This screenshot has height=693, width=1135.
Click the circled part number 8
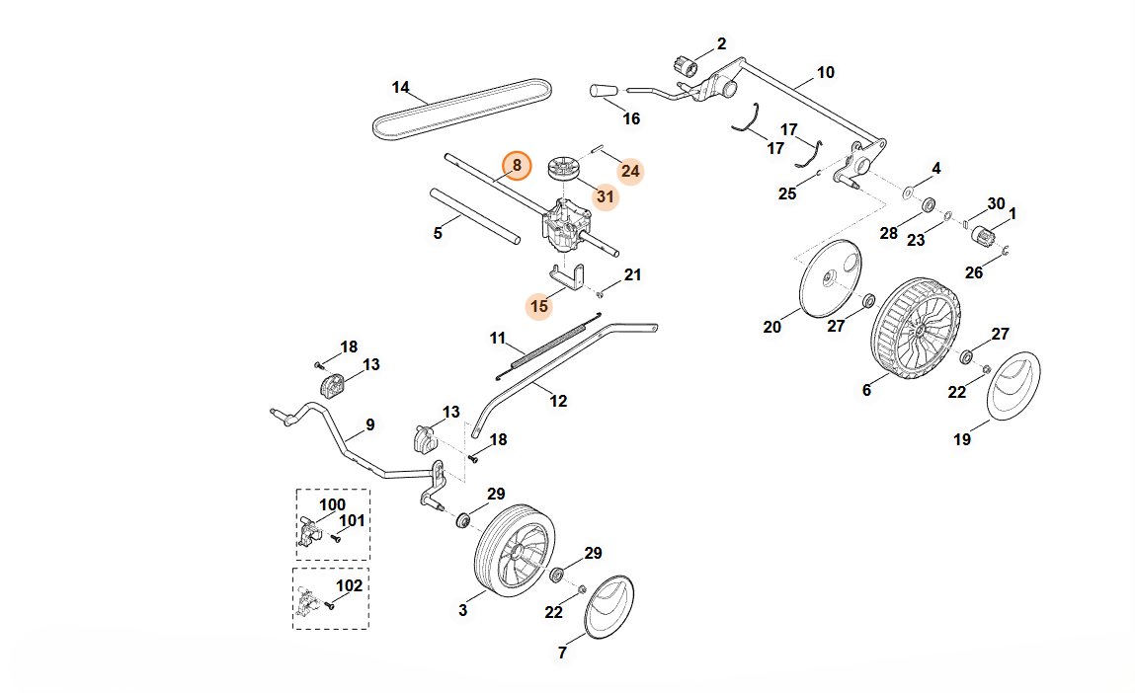click(516, 167)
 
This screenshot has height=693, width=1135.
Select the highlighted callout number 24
click(630, 171)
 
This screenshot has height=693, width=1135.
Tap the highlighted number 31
click(605, 196)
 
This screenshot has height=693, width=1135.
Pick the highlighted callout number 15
click(538, 306)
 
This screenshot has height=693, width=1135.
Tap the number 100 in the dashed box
click(332, 505)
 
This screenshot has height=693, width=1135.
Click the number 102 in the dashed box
click(350, 584)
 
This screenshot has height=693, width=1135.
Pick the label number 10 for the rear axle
click(826, 72)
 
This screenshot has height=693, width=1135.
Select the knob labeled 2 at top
click(685, 64)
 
